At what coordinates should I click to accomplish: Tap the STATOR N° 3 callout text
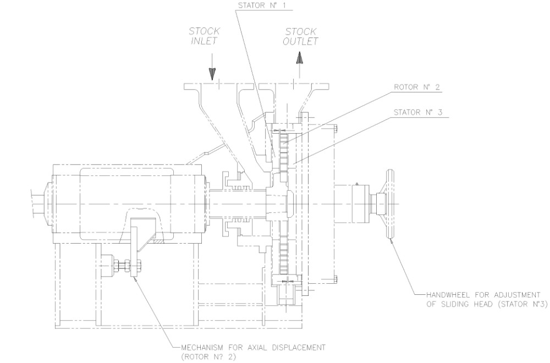[x=419, y=113]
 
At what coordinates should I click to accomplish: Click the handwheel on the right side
[x=390, y=204]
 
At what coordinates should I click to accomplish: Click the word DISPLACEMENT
[x=298, y=347]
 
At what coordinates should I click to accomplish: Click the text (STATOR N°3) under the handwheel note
[x=514, y=301]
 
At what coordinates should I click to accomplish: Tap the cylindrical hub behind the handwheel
[x=353, y=204]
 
